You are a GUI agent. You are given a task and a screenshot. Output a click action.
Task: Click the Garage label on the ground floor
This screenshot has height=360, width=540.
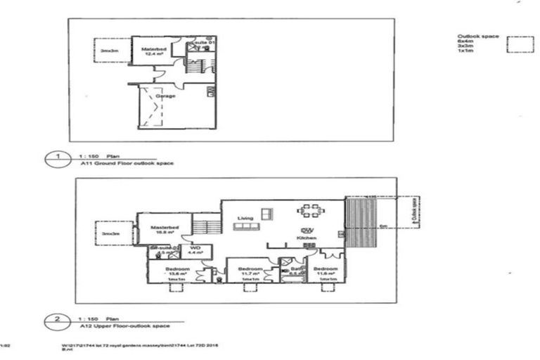165,94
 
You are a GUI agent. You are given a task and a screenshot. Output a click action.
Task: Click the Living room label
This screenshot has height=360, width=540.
245,217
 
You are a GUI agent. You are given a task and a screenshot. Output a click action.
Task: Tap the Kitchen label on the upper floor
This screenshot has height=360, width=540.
307,240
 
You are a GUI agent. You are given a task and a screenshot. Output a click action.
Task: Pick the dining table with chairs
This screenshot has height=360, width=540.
311,210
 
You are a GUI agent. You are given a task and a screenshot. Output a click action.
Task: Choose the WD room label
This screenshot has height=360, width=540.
195,248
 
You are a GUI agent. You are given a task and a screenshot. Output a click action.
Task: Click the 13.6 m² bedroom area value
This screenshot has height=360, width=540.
176,275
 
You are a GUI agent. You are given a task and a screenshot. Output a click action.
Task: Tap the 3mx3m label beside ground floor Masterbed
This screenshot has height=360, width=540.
109,51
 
